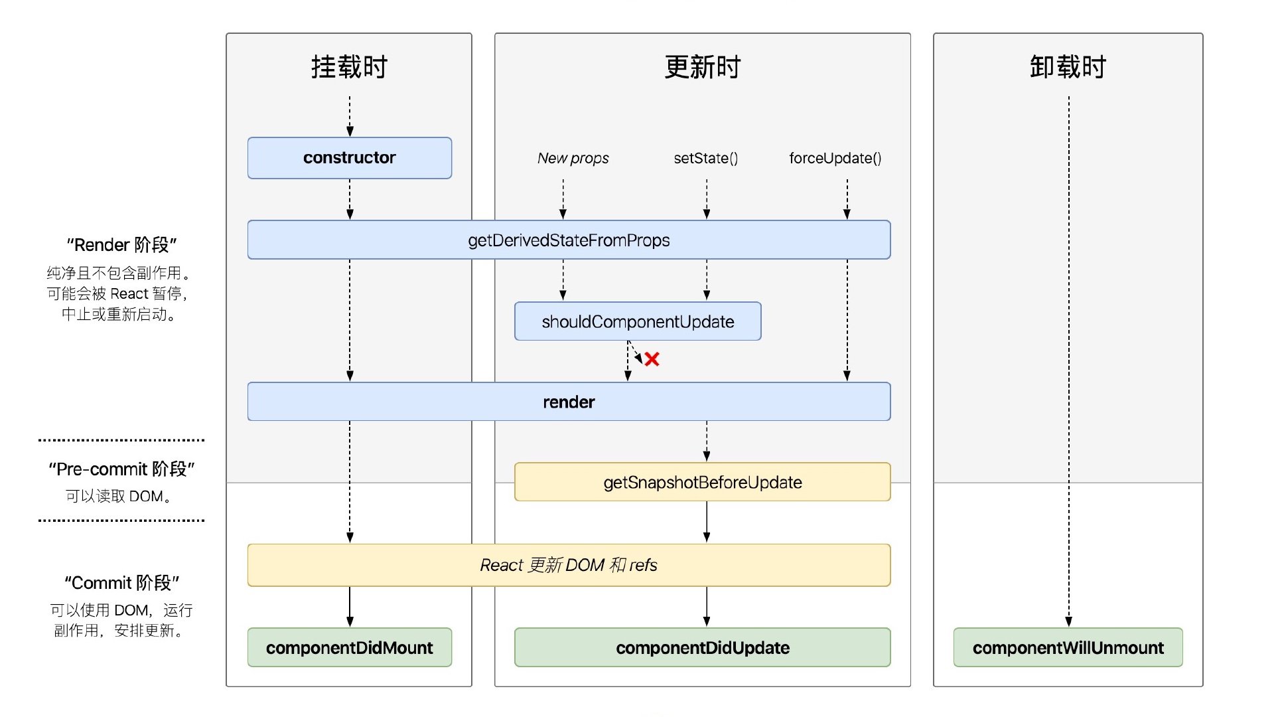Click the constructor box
pos(349,158)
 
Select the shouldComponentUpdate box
pos(637,322)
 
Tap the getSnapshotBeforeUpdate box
pos(702,483)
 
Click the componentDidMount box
pos(349,648)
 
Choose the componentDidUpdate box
pos(702,648)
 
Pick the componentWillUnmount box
pos(1068,648)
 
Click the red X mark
pos(652,360)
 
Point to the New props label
pos(573,159)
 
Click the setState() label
pos(705,159)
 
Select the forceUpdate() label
pos(835,159)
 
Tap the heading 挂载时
pos(349,68)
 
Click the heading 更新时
pos(702,68)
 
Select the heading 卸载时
pos(1068,68)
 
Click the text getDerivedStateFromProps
pos(569,241)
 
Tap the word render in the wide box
pos(569,402)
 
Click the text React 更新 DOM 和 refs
pos(569,566)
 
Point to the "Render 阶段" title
pos(121,246)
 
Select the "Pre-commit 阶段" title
pos(121,469)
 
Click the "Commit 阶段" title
pos(121,584)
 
